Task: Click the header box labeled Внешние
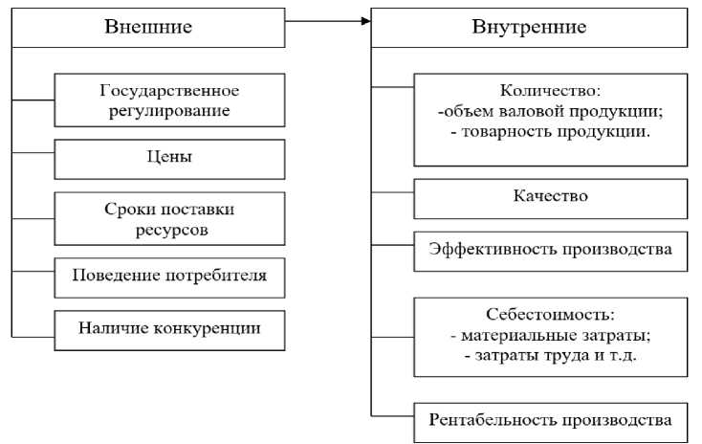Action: [148, 27]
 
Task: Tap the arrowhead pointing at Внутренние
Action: [366, 19]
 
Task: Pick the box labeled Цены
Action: [169, 154]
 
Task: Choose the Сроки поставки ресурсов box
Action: [169, 218]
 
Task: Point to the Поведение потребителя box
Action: [169, 276]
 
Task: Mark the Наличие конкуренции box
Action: [169, 329]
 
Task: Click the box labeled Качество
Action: [550, 197]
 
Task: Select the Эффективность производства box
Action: [550, 249]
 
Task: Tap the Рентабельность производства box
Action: [550, 419]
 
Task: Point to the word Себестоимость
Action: [550, 314]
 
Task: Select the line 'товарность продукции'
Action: [552, 131]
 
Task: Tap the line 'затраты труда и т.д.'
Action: [552, 356]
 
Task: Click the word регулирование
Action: [169, 112]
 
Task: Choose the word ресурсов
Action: [169, 230]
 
